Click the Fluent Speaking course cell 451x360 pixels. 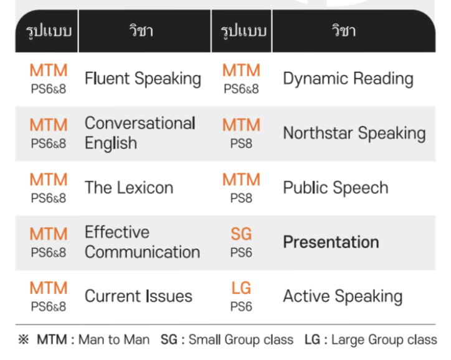click(x=143, y=78)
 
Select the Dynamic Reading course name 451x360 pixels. click(x=348, y=78)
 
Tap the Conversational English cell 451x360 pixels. click(x=140, y=133)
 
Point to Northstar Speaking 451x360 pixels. click(x=354, y=133)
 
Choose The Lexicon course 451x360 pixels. click(x=129, y=187)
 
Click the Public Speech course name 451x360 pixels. click(x=336, y=188)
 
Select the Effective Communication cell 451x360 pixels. click(x=143, y=242)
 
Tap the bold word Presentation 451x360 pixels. click(x=331, y=242)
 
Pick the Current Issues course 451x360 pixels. click(x=138, y=296)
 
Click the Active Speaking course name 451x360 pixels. click(x=343, y=296)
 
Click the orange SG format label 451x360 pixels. click(x=241, y=234)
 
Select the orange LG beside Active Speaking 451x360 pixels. click(x=241, y=288)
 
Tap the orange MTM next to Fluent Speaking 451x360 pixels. click(x=49, y=70)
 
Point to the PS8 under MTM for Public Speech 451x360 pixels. click(x=241, y=199)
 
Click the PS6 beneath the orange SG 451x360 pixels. click(x=241, y=253)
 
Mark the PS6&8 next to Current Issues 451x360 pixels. click(x=49, y=307)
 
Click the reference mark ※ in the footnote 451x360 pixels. click(x=24, y=339)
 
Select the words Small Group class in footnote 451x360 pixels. click(x=241, y=339)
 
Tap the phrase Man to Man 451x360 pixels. click(x=114, y=339)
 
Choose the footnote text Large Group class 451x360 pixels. click(x=384, y=339)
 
